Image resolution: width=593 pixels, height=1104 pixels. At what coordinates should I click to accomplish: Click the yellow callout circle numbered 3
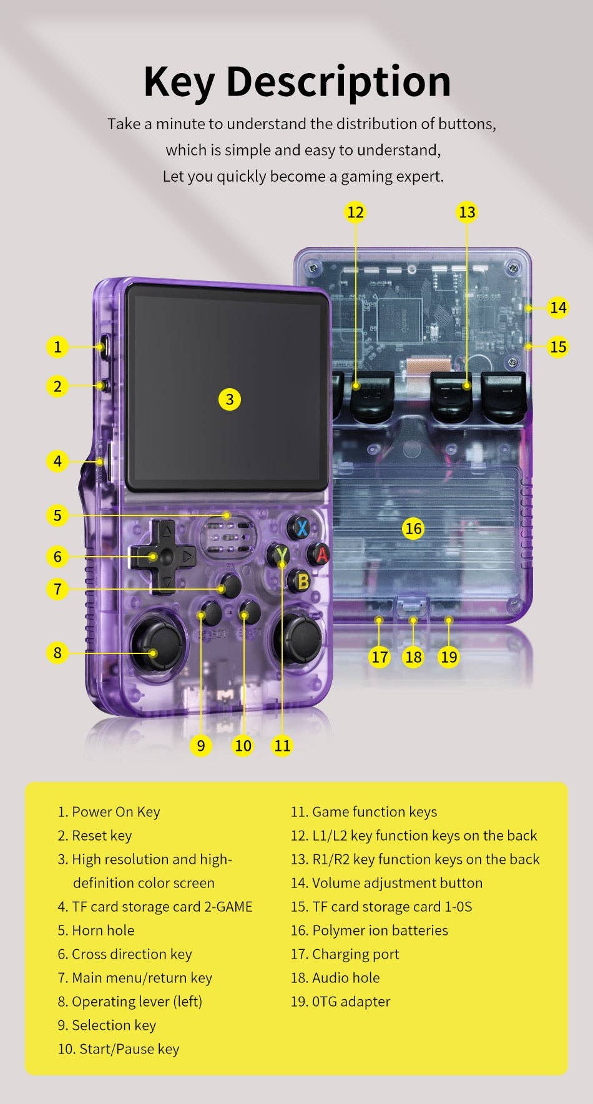coord(230,399)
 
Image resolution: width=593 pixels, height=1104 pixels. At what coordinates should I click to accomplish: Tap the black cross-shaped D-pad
coord(162,556)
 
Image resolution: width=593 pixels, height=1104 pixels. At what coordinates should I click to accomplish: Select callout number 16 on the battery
coord(413,529)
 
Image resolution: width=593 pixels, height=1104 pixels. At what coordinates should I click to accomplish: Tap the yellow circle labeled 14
coord(557,308)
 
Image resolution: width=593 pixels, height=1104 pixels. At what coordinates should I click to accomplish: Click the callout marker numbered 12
coord(355,212)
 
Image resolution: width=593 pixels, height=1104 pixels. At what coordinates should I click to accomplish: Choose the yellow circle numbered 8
coord(57,653)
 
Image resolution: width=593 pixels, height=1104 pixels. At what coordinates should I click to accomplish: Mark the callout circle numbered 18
coord(413,657)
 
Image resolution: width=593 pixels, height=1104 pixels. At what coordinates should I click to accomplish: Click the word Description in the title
coord(338,82)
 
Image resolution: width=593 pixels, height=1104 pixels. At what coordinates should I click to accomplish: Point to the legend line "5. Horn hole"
coord(96,930)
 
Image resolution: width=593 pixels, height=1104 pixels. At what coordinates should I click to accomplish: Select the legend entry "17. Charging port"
coord(345,954)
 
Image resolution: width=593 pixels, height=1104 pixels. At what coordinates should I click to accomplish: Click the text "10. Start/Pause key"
coord(118,1048)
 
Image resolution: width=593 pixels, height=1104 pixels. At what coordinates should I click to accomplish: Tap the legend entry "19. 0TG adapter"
coord(340,1001)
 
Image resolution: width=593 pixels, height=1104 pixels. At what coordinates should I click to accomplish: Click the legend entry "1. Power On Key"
coord(109,811)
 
